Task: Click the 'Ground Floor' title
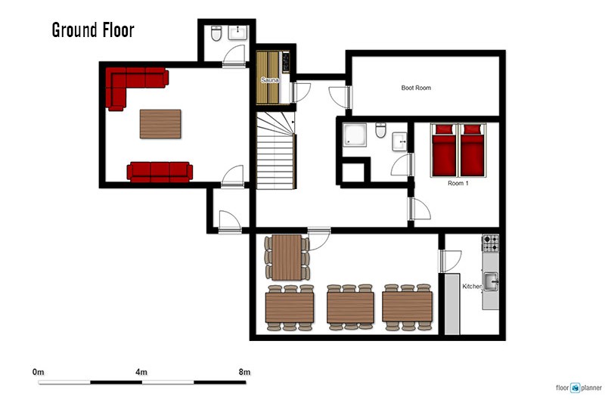click(x=93, y=30)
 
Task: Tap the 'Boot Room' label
click(x=416, y=88)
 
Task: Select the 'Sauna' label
click(x=270, y=80)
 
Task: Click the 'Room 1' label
click(x=458, y=183)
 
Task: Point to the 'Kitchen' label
click(x=472, y=287)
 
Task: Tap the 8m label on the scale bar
click(x=244, y=372)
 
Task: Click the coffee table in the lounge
click(x=160, y=124)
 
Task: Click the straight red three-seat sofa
click(x=160, y=172)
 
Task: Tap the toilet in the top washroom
click(x=216, y=33)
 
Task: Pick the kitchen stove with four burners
click(x=490, y=243)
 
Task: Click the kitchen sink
click(x=491, y=281)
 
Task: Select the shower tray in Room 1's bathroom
click(x=355, y=135)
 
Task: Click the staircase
click(x=275, y=150)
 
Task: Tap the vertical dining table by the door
click(x=287, y=257)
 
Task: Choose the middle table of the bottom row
click(x=350, y=308)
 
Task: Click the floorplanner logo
click(x=579, y=388)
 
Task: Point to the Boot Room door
click(x=340, y=97)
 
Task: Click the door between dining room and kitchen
click(x=450, y=261)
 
